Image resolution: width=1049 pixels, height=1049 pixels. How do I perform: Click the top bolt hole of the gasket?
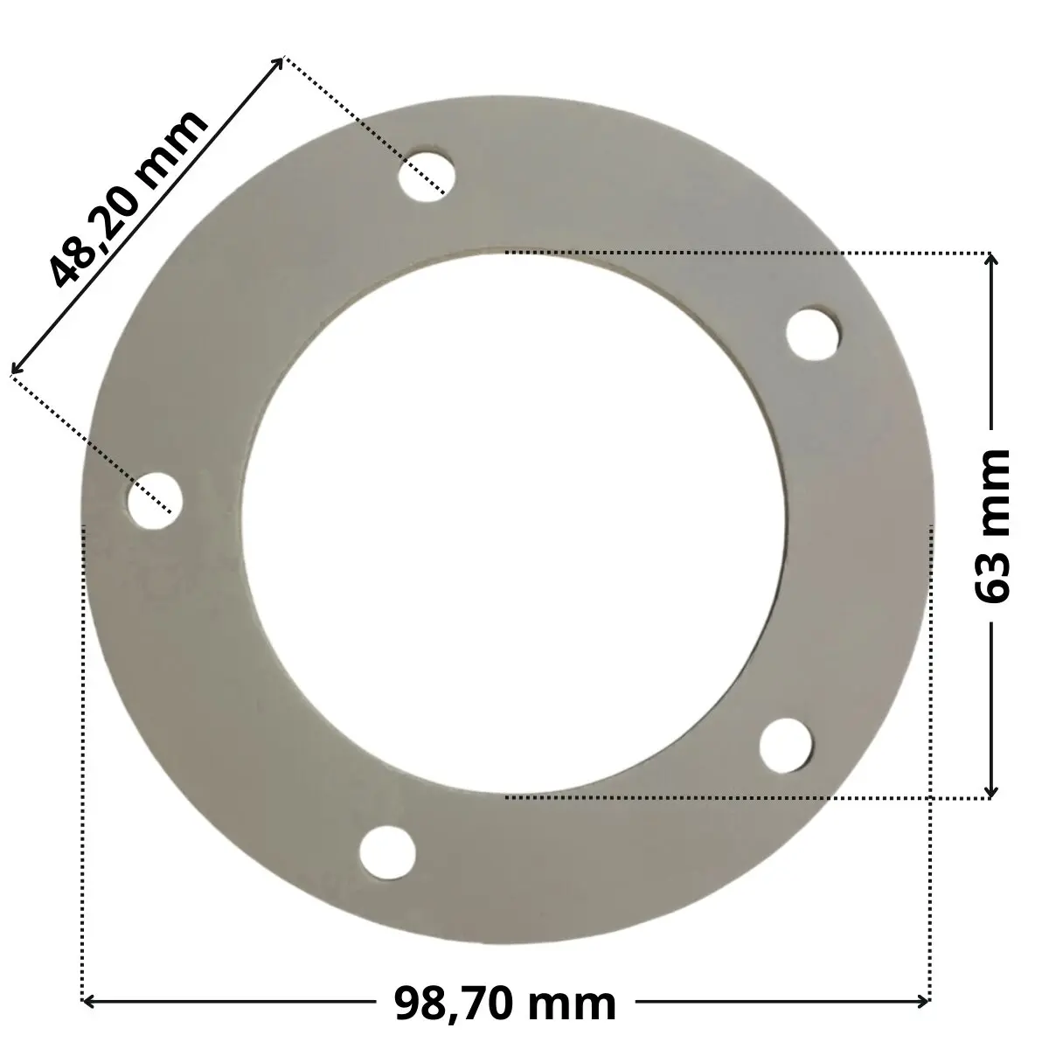(x=425, y=174)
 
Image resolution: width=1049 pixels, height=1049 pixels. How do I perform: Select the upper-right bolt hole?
(x=814, y=331)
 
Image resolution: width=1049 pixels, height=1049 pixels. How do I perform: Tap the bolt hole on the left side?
(x=154, y=500)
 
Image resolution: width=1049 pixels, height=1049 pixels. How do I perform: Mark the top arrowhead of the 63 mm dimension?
(x=990, y=260)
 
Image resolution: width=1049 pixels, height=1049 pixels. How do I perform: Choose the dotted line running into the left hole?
(x=87, y=437)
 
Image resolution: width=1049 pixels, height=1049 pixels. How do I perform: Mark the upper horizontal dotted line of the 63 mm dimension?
(x=743, y=253)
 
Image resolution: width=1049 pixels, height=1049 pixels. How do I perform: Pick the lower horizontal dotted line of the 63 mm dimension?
(x=743, y=797)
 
